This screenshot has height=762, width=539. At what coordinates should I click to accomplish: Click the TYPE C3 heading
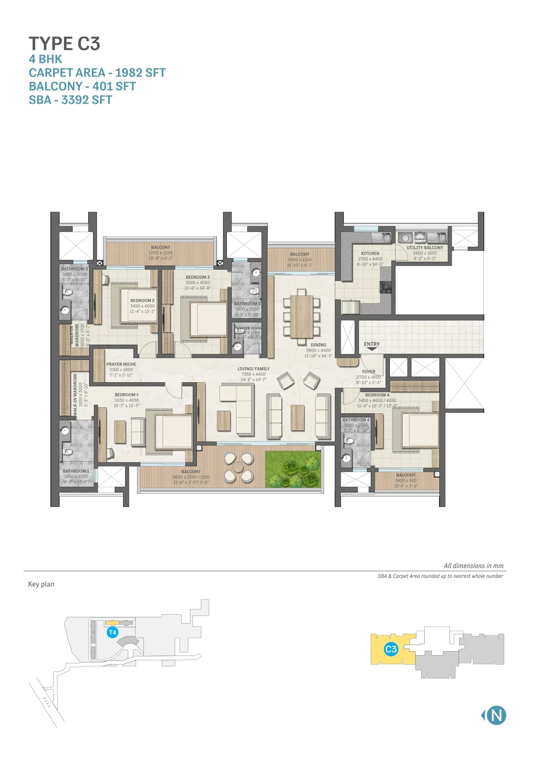(64, 44)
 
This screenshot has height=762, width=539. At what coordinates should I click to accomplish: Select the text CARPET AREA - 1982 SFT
(97, 73)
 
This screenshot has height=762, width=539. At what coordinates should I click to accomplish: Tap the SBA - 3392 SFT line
(70, 100)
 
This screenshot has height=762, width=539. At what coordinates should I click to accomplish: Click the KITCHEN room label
(370, 253)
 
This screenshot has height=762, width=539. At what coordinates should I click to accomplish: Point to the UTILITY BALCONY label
(425, 248)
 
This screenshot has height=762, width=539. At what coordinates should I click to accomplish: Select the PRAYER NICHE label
(121, 364)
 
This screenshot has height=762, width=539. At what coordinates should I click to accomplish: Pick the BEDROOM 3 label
(197, 277)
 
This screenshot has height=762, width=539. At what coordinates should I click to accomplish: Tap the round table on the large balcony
(238, 467)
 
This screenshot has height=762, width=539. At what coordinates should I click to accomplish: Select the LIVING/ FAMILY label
(253, 369)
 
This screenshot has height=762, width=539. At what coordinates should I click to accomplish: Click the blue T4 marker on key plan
(113, 632)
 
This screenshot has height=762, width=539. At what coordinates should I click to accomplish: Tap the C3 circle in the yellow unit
(391, 649)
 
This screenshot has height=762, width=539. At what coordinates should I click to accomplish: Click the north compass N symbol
(496, 715)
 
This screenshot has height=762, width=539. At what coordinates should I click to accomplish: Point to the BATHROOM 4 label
(356, 420)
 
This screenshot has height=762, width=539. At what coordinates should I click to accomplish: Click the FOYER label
(369, 372)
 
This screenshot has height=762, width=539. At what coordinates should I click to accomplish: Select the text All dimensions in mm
(473, 566)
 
